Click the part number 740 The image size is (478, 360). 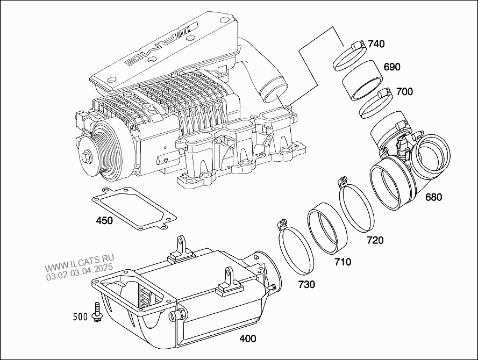[x=376, y=44]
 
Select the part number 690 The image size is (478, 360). [x=392, y=67]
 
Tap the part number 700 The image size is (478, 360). [x=404, y=91]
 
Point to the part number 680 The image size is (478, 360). [x=433, y=197]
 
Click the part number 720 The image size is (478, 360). [x=375, y=240]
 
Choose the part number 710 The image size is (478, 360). [x=343, y=262]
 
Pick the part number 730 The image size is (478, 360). [x=306, y=284]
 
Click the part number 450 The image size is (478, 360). [x=104, y=220]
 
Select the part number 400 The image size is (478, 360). [x=247, y=339]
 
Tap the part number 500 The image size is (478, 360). [x=80, y=317]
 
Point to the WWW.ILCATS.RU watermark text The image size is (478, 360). [x=80, y=263]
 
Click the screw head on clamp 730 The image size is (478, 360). [x=282, y=224]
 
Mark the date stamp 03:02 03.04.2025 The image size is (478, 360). [x=79, y=272]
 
